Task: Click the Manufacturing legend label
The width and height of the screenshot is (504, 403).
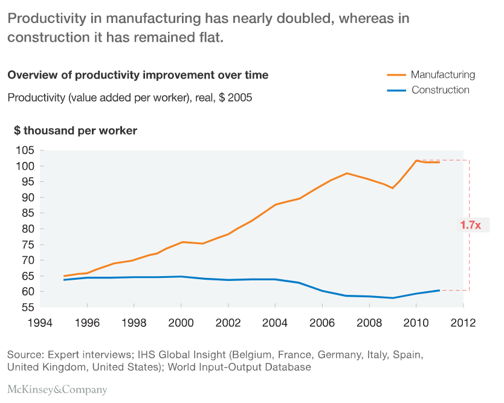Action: pos(442,75)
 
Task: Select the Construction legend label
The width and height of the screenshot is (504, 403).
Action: pos(440,90)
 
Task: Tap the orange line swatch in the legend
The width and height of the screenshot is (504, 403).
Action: pos(396,75)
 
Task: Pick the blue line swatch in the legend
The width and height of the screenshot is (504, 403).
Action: pos(396,90)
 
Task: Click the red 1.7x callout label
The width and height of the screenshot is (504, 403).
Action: pos(470,225)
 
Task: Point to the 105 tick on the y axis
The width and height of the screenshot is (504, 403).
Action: pos(25,150)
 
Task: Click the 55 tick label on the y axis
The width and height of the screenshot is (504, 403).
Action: pos(27,307)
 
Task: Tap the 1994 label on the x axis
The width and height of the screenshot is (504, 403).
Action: pos(40,323)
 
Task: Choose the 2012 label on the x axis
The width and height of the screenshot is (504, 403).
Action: pos(464,323)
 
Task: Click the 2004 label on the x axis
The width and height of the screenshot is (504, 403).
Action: pos(275,323)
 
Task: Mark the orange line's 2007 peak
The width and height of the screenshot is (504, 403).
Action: pos(346,173)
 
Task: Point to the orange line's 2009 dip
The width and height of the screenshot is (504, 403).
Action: pos(393,188)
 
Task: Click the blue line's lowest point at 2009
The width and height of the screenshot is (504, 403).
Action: pos(393,298)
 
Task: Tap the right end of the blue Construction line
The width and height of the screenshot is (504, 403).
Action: pos(439,290)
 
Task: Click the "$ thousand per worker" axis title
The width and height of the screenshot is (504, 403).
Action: pos(75,131)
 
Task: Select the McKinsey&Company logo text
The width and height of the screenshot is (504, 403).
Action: pos(57,389)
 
